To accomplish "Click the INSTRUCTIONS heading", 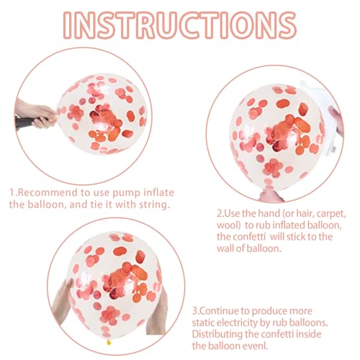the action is (180, 25).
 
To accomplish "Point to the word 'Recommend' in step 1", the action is (51, 193).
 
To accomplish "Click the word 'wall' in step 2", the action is (225, 248).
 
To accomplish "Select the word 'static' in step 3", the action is (204, 323).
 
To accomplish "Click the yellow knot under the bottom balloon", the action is (109, 342).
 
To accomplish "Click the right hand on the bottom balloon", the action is (157, 312).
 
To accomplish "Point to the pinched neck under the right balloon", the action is (271, 195).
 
